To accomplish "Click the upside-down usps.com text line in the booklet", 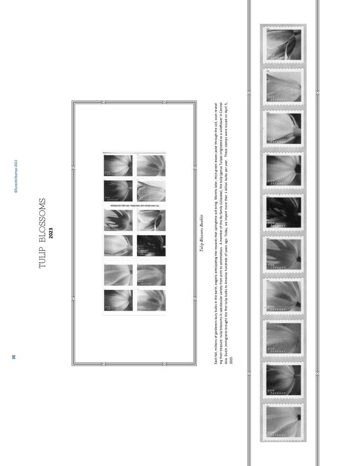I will [x=134, y=206].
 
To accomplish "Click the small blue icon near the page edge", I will [x=14, y=357].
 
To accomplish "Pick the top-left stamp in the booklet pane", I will [x=118, y=166].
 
